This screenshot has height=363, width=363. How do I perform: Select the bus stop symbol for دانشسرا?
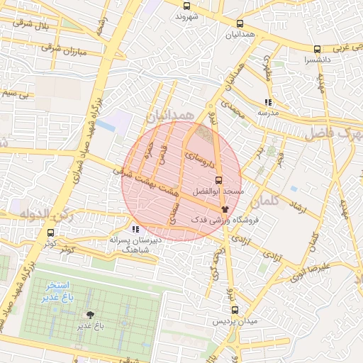(x=317, y=49)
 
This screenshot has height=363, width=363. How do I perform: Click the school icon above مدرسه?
(x=267, y=102)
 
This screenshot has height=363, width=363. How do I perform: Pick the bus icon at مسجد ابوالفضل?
(x=218, y=179)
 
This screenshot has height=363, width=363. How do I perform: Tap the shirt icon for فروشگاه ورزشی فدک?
(x=225, y=209)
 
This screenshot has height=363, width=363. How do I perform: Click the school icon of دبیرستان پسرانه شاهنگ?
(x=135, y=229)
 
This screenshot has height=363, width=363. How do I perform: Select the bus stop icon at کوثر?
(x=50, y=232)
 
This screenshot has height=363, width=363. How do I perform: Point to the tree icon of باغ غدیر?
(x=90, y=315)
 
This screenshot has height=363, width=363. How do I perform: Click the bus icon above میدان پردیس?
(x=235, y=310)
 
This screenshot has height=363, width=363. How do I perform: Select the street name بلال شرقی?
(x=30, y=28)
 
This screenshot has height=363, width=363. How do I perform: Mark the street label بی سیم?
(x=16, y=93)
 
